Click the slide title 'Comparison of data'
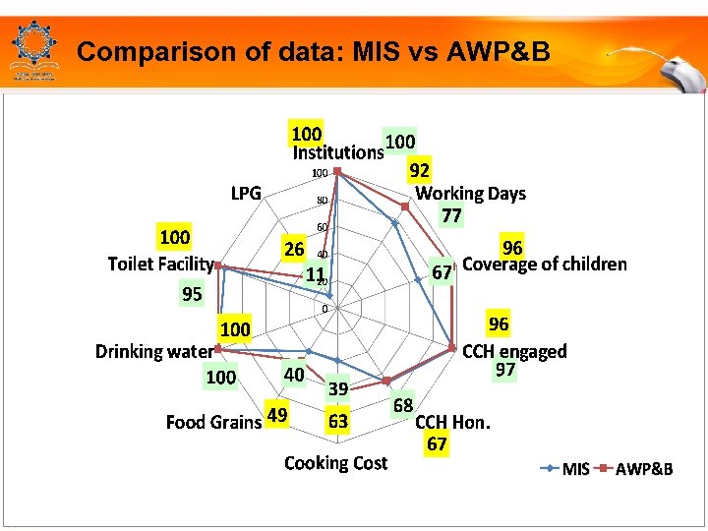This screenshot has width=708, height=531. click(x=313, y=51)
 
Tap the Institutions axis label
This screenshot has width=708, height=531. click(x=337, y=152)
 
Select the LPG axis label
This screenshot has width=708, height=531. click(x=246, y=193)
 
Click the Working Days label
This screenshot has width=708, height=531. click(x=470, y=194)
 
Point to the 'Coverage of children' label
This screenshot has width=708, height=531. click(x=544, y=264)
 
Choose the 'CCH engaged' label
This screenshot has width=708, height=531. click(x=514, y=351)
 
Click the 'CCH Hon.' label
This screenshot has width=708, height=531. click(x=452, y=423)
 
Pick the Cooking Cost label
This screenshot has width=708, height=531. click(x=335, y=462)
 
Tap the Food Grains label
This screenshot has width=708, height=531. click(x=213, y=422)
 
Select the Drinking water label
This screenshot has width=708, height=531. click(x=153, y=351)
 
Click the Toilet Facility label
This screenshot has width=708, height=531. click(x=160, y=264)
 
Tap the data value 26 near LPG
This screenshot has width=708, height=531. click(x=293, y=249)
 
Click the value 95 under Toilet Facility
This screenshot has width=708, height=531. click(x=192, y=294)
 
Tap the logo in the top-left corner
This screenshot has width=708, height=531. click(x=34, y=48)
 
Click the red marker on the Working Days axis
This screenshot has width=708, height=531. click(x=404, y=206)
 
